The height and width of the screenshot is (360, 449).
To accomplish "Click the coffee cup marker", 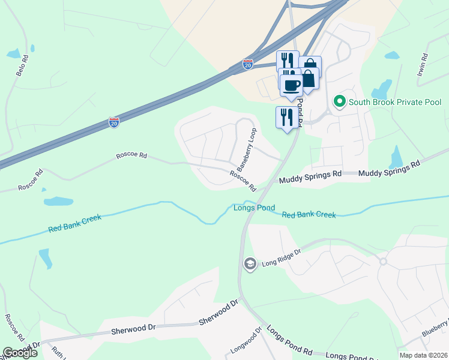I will pyautogui.click(x=292, y=85).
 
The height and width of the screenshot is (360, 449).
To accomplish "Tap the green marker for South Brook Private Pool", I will pyautogui.click(x=339, y=101).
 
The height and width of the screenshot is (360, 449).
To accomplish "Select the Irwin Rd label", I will pyautogui.click(x=421, y=65).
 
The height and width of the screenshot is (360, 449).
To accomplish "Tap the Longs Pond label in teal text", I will pyautogui.click(x=254, y=208).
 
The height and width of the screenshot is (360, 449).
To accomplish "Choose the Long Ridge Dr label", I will pyautogui.click(x=281, y=261).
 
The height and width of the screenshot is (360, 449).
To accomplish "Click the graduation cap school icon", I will pyautogui.click(x=250, y=263).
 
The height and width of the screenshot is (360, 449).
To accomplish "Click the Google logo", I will pyautogui.click(x=20, y=353).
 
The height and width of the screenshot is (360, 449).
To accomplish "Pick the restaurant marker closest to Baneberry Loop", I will pyautogui.click(x=286, y=116).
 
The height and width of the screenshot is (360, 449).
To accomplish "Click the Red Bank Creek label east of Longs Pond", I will pyautogui.click(x=309, y=214).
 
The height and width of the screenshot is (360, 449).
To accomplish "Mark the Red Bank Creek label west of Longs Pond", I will pyautogui.click(x=75, y=223).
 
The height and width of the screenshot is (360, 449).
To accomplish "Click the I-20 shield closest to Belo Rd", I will pyautogui.click(x=114, y=122).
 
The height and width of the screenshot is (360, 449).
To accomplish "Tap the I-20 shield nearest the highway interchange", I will pyautogui.click(x=248, y=64).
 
